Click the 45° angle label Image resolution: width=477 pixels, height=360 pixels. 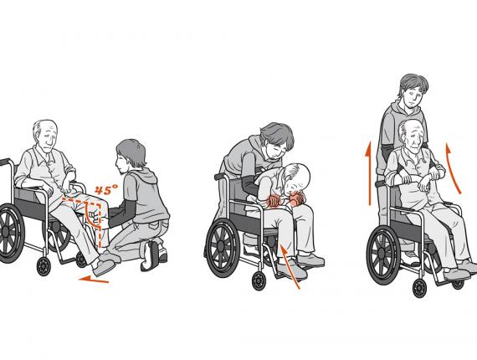pos(105,190)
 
